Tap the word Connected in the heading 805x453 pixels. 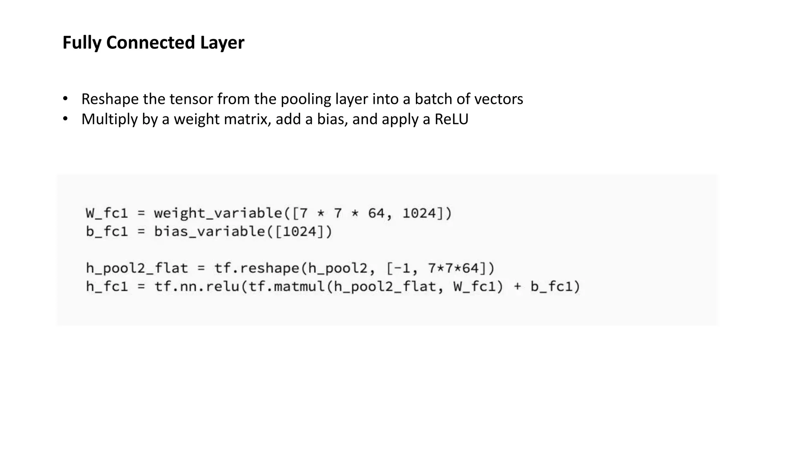pyautogui.click(x=151, y=42)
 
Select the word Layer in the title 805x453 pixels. pyautogui.click(x=222, y=42)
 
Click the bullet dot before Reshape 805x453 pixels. pyautogui.click(x=65, y=98)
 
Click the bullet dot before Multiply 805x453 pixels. pyautogui.click(x=65, y=118)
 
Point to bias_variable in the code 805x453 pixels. pyautogui.click(x=210, y=232)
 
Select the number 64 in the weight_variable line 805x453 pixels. pyautogui.click(x=376, y=213)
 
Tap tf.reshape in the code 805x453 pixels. pyautogui.click(x=257, y=269)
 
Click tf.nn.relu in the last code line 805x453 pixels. pyautogui.click(x=197, y=287)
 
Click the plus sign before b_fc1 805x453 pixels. pyautogui.click(x=517, y=287)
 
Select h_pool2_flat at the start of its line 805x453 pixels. pyautogui.click(x=137, y=269)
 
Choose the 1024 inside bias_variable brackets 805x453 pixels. pyautogui.click(x=300, y=232)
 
